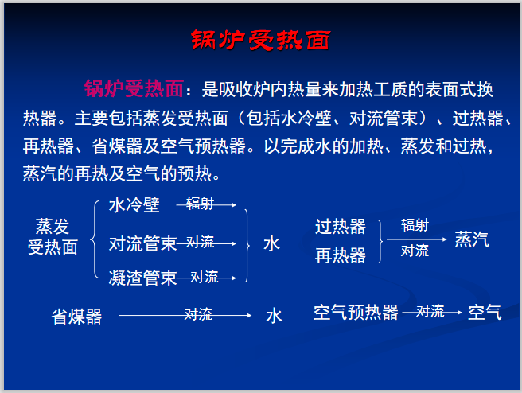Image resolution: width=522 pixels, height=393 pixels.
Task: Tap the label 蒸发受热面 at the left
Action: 53,237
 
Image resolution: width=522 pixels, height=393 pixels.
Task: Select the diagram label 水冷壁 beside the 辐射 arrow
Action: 134,206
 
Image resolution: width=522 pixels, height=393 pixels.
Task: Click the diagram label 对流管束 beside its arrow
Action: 142,243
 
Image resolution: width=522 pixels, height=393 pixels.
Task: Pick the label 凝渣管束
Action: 142,277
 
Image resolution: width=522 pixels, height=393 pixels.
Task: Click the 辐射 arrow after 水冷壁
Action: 206,205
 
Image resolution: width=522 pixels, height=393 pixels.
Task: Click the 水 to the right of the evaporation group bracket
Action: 272,243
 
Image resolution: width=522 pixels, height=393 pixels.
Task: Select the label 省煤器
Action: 77,317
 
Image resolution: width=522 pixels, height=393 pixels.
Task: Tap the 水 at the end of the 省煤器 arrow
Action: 274,316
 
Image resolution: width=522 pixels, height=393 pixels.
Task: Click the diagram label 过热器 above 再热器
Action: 340,227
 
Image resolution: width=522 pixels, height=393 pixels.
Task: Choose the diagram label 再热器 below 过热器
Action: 340,255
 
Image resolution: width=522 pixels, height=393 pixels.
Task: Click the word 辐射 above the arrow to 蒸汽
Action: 415,225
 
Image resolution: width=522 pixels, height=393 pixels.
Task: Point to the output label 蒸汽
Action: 472,239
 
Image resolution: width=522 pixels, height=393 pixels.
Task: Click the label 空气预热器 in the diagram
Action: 356,313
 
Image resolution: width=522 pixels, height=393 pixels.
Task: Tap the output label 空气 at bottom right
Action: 485,313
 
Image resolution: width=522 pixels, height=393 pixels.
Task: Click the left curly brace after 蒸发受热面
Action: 95,240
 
